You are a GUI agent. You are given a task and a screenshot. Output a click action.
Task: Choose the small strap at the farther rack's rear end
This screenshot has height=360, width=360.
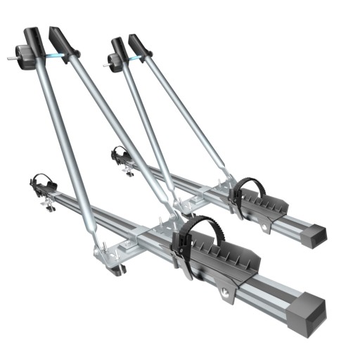pyautogui.click(x=120, y=153)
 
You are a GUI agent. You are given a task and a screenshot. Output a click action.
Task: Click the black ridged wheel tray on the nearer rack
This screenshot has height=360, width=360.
pyautogui.click(x=219, y=253)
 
